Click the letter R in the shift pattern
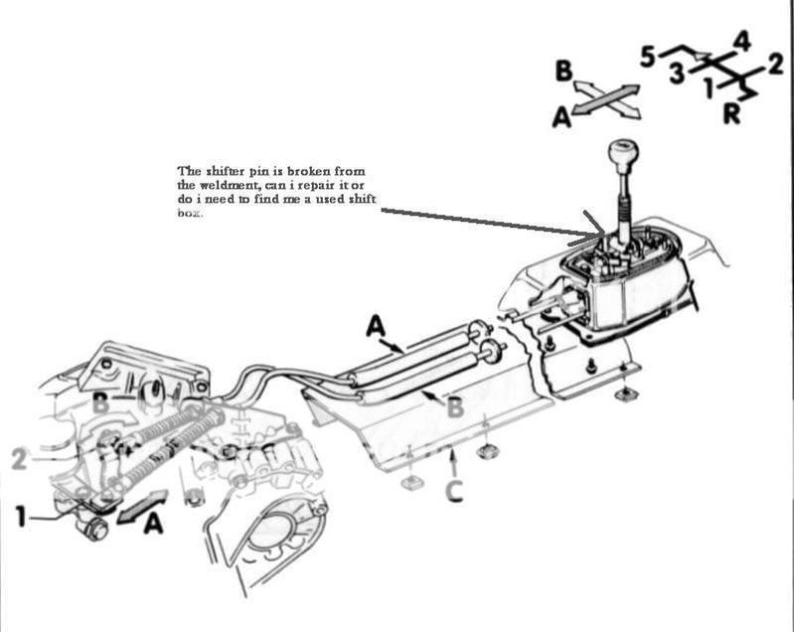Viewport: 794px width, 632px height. (730, 113)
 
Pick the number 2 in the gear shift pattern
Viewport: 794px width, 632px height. (776, 69)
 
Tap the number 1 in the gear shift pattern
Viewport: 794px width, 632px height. (707, 89)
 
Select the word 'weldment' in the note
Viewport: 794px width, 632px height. (222, 184)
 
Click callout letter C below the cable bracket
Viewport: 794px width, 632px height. (454, 489)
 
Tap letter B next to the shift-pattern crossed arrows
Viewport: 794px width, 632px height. (563, 71)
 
